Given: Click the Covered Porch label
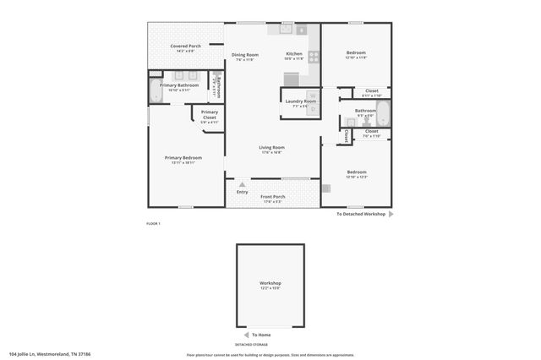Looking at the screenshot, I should [x=185, y=46].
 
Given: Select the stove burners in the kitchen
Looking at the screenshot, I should [x=314, y=57].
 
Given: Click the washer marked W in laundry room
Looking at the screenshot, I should [x=312, y=95].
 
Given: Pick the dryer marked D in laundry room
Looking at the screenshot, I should [x=312, y=108].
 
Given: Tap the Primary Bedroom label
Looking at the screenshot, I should [x=183, y=158].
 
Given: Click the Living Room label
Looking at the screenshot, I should [x=271, y=148].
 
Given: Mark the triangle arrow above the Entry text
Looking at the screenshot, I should [x=243, y=183].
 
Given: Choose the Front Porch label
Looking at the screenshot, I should [x=273, y=197].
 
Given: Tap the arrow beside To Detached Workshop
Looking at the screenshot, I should [x=391, y=215].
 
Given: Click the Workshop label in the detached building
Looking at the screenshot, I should [x=270, y=283].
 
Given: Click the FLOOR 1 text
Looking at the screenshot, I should [x=153, y=223].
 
